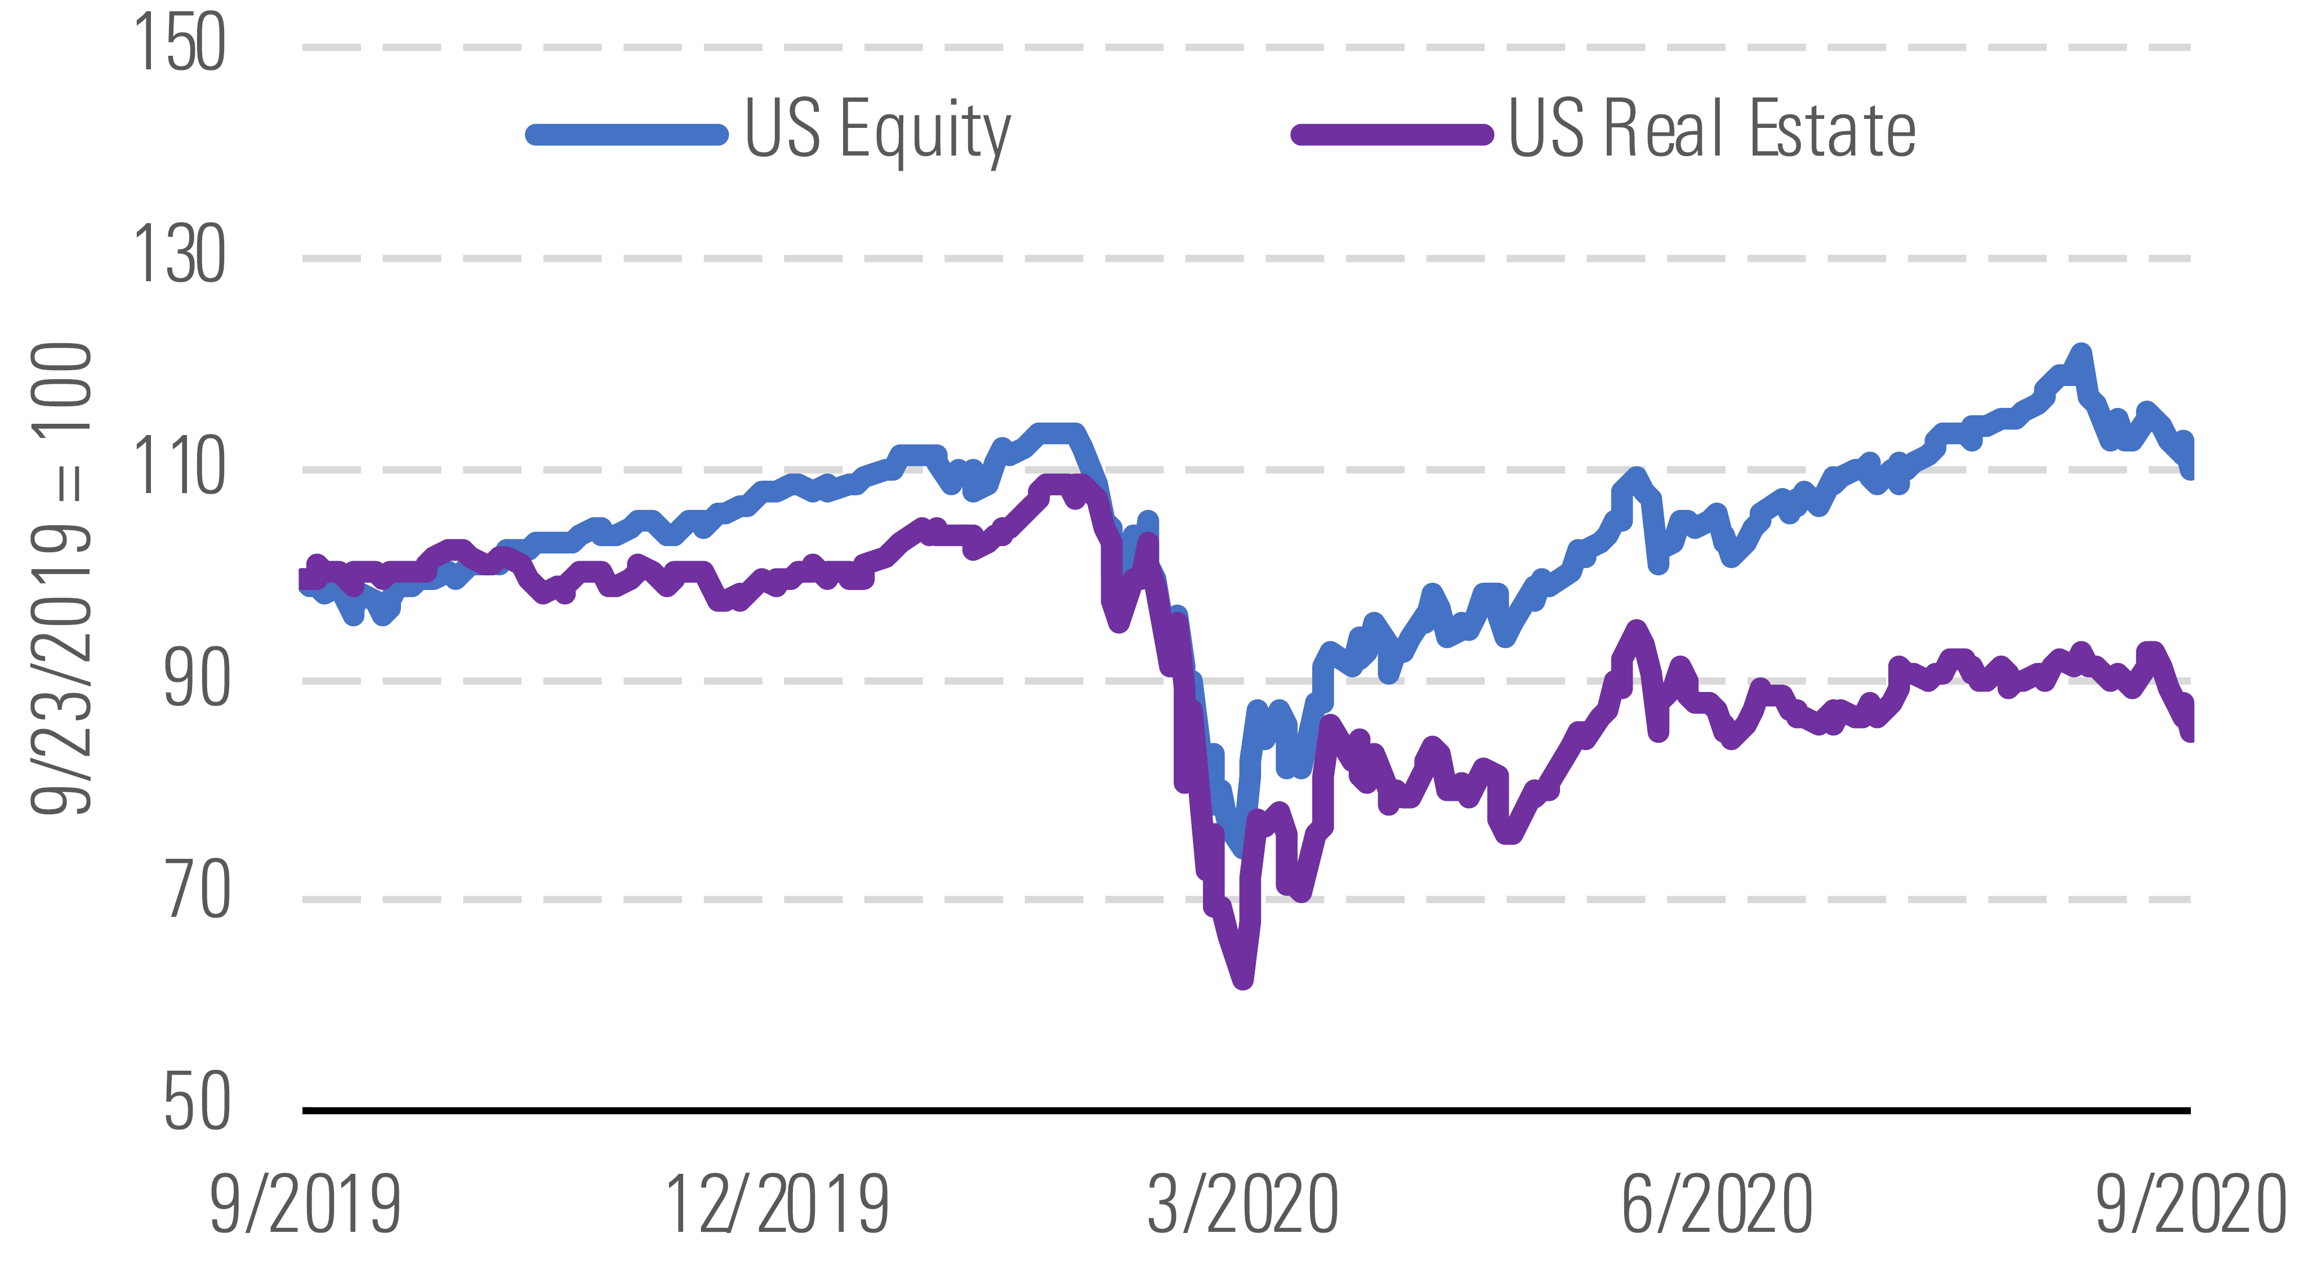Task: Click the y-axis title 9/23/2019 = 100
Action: tap(61, 577)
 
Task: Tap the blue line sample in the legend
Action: tap(627, 134)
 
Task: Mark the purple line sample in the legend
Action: tap(1392, 134)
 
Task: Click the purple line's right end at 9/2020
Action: tap(2188, 732)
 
